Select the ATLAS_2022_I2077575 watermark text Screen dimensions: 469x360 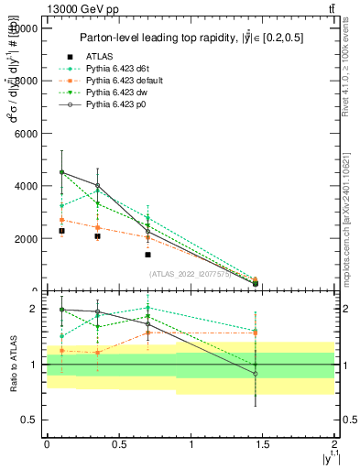[x=190, y=274]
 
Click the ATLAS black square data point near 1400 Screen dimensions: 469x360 [x=147, y=255]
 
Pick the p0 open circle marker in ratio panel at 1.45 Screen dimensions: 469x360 [x=256, y=374]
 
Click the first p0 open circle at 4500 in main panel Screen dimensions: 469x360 [x=61, y=172]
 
